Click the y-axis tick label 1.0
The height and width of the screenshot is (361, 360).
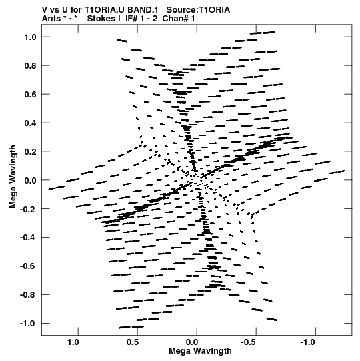31,37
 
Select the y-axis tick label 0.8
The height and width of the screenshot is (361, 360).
31,66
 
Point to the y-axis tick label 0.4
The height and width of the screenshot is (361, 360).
31,123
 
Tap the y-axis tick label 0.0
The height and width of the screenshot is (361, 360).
31,180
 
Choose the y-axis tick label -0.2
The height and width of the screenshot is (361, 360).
28,209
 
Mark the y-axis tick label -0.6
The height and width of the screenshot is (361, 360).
28,266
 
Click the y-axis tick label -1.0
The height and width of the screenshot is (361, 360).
28,324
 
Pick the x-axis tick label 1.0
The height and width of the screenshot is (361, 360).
73,342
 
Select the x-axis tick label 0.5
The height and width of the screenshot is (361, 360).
133,342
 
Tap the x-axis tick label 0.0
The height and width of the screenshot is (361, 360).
192,342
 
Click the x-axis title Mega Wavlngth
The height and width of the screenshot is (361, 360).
200,351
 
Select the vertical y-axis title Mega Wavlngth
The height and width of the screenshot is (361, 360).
13,177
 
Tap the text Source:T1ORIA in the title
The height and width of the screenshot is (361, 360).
198,10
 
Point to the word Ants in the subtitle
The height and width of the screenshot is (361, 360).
51,19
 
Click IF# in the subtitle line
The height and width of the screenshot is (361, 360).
131,19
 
